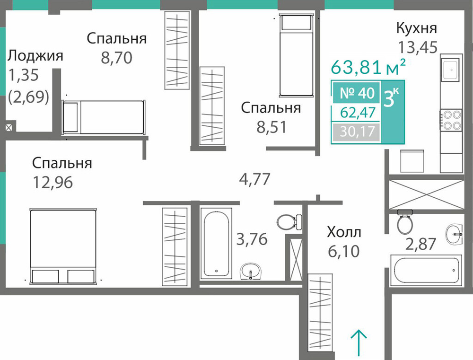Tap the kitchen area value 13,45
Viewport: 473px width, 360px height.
(x=418, y=47)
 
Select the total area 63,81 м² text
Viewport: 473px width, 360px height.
(x=368, y=67)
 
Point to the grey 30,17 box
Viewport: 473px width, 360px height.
(x=356, y=132)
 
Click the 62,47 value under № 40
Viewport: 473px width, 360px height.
(x=358, y=113)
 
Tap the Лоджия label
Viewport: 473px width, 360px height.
(x=35, y=56)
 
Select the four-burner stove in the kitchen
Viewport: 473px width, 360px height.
(x=451, y=120)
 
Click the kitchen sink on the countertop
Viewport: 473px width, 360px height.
(x=451, y=70)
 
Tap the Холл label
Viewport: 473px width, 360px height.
(x=344, y=233)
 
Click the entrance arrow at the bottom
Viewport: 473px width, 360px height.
(x=359, y=342)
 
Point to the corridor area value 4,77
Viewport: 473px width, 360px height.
(x=254, y=180)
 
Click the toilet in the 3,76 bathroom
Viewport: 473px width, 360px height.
(x=289, y=222)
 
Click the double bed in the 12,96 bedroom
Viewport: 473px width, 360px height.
(x=63, y=246)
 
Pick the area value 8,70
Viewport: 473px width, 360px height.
(x=116, y=58)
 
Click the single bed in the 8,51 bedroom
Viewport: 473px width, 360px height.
(x=296, y=55)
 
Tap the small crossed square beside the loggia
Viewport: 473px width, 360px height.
(x=9, y=127)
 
